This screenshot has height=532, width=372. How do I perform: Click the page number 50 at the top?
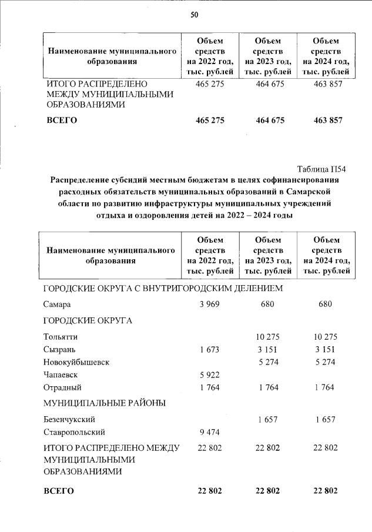(x=194, y=16)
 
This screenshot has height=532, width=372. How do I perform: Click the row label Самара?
(x=57, y=304)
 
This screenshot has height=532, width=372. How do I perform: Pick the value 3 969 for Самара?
(x=209, y=304)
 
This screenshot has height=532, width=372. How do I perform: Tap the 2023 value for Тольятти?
(x=268, y=337)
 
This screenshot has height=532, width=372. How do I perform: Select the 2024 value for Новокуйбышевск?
(x=325, y=363)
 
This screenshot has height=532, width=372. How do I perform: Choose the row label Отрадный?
(x=62, y=387)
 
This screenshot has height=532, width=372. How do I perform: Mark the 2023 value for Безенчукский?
(x=268, y=420)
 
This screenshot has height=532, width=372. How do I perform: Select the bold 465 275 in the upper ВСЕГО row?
(x=209, y=121)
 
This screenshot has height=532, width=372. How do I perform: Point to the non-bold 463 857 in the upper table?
(x=325, y=84)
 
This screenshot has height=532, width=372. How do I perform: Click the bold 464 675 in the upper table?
(x=268, y=121)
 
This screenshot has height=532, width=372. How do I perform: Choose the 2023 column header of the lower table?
(x=268, y=255)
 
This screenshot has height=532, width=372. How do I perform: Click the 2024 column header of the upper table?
(x=325, y=56)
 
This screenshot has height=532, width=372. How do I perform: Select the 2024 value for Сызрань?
(x=325, y=350)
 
